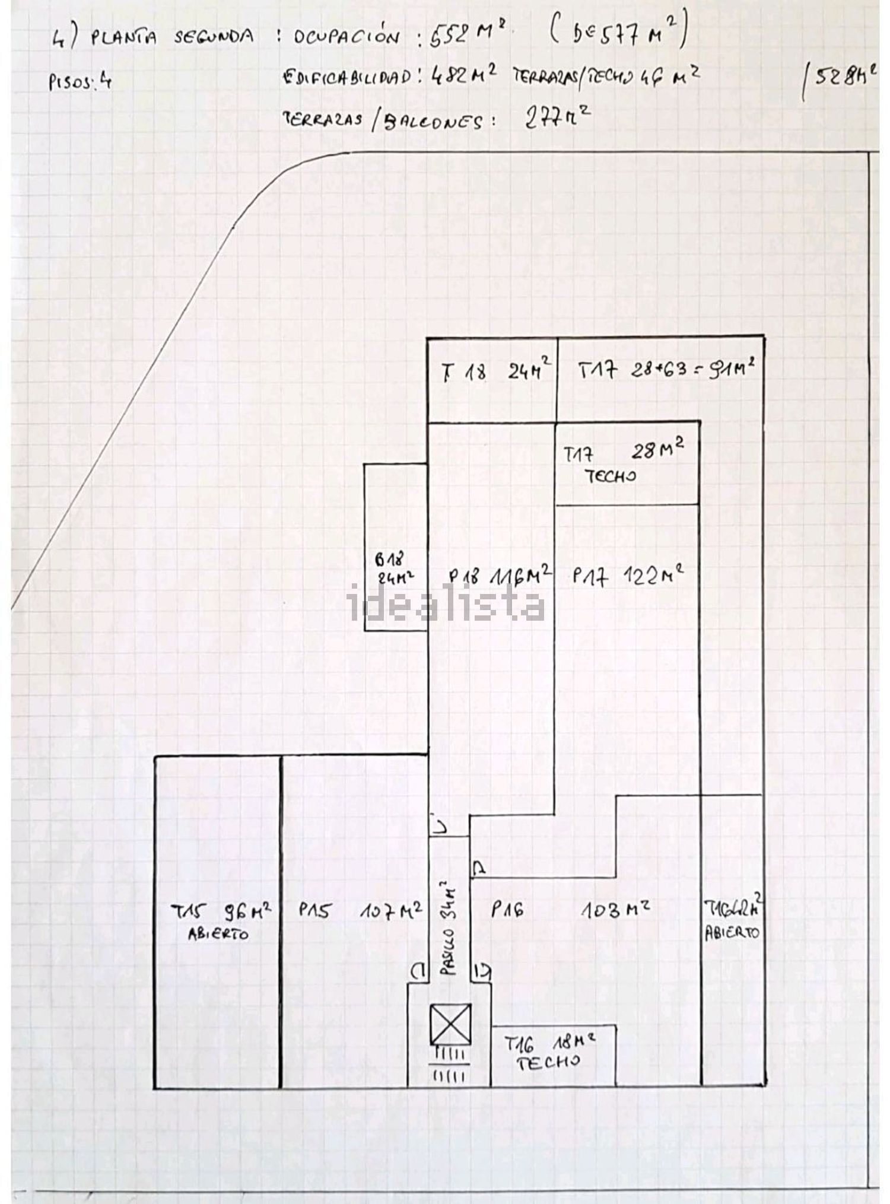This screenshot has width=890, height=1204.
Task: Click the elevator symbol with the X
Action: point(451,1024)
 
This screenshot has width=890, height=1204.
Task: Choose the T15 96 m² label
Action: point(221,911)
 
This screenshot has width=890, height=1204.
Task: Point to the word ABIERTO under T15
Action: point(218,934)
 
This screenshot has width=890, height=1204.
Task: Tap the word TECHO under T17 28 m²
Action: point(611,476)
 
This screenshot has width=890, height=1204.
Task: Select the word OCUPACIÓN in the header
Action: point(346,38)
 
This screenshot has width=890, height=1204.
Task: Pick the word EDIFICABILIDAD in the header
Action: point(347,77)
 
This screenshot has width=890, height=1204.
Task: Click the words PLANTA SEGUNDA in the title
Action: point(172,37)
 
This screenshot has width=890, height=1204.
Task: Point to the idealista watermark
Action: point(446,603)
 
